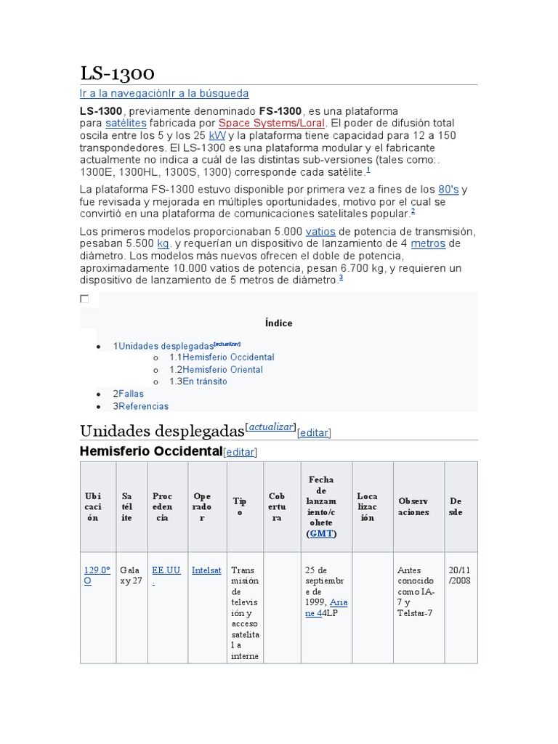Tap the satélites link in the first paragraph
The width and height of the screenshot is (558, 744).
point(126,124)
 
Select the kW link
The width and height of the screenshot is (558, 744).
point(217,136)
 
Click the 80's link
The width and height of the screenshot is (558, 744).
point(449,189)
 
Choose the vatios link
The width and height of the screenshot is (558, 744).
point(321,231)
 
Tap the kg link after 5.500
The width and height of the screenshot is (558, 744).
point(163,243)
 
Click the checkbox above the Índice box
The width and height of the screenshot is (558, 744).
point(84,299)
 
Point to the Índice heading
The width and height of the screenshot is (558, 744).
point(279,323)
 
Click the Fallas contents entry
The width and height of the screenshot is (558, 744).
point(131,394)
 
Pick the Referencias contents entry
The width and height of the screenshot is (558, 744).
point(143,406)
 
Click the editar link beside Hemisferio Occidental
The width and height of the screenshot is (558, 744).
point(240,452)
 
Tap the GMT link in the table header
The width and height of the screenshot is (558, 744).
point(320,533)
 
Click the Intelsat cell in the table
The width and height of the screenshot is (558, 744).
point(206,570)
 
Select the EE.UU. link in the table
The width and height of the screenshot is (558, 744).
point(166,575)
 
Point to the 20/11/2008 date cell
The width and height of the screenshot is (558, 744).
point(461,575)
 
